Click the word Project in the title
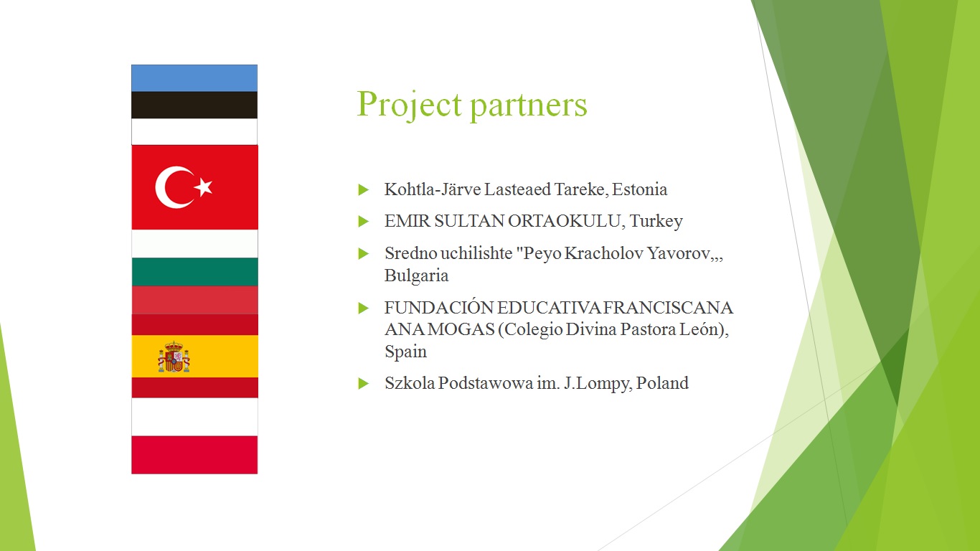pyautogui.click(x=409, y=105)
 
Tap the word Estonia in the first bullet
pyautogui.click(x=640, y=189)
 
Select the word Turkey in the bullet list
pyautogui.click(x=656, y=222)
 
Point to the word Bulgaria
pyautogui.click(x=417, y=276)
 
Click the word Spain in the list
pyautogui.click(x=405, y=352)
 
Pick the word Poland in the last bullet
pyautogui.click(x=662, y=383)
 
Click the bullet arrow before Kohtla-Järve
pyautogui.click(x=363, y=190)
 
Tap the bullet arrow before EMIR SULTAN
pyautogui.click(x=363, y=222)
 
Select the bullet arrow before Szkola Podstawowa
pyautogui.click(x=363, y=384)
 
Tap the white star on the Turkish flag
pyautogui.click(x=204, y=187)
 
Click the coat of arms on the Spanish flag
pyautogui.click(x=174, y=357)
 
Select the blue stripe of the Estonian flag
pyautogui.click(x=194, y=78)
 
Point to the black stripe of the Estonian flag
pyautogui.click(x=194, y=105)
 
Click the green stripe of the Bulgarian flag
pyautogui.click(x=194, y=272)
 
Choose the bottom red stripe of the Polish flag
pyautogui.click(x=194, y=455)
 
